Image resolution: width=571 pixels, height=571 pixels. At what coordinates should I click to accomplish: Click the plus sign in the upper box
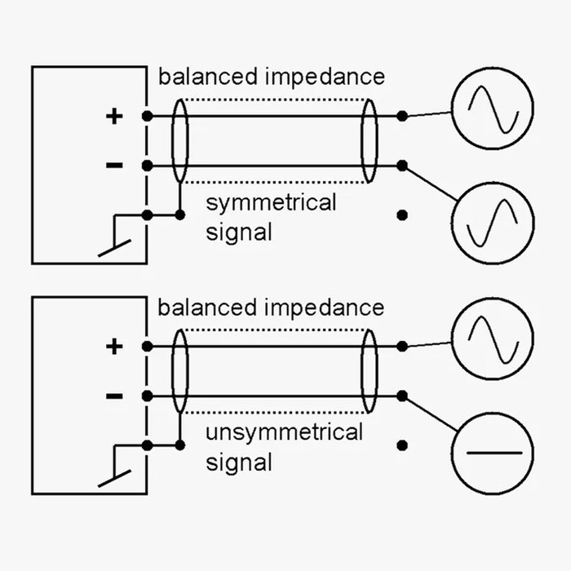click(x=114, y=116)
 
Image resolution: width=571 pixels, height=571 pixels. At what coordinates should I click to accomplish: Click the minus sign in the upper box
click(x=114, y=166)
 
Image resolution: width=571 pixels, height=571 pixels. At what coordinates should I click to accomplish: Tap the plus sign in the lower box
click(x=114, y=347)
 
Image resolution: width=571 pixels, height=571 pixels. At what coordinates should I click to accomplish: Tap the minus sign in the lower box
click(x=114, y=396)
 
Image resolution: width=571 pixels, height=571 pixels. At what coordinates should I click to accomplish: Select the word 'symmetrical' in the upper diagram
click(x=271, y=202)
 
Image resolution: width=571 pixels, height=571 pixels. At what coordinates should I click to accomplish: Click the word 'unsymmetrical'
click(x=284, y=432)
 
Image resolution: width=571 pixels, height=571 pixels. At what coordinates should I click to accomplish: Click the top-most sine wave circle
click(x=492, y=108)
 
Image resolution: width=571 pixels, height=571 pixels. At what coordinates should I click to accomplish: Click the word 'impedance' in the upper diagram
click(x=325, y=77)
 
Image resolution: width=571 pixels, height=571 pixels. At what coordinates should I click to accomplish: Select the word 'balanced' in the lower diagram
click(x=208, y=308)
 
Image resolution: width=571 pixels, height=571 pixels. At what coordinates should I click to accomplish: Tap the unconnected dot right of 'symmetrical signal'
click(x=401, y=215)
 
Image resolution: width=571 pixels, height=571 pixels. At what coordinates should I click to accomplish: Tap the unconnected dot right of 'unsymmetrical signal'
click(x=401, y=445)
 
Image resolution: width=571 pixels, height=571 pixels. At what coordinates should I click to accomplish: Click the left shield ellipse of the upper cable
click(x=180, y=140)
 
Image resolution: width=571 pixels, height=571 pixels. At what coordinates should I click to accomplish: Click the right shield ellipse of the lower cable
click(x=370, y=371)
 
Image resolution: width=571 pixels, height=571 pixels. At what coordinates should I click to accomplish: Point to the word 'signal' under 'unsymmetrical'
click(x=238, y=463)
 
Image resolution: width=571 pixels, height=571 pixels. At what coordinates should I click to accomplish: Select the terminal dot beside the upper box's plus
click(x=147, y=116)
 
